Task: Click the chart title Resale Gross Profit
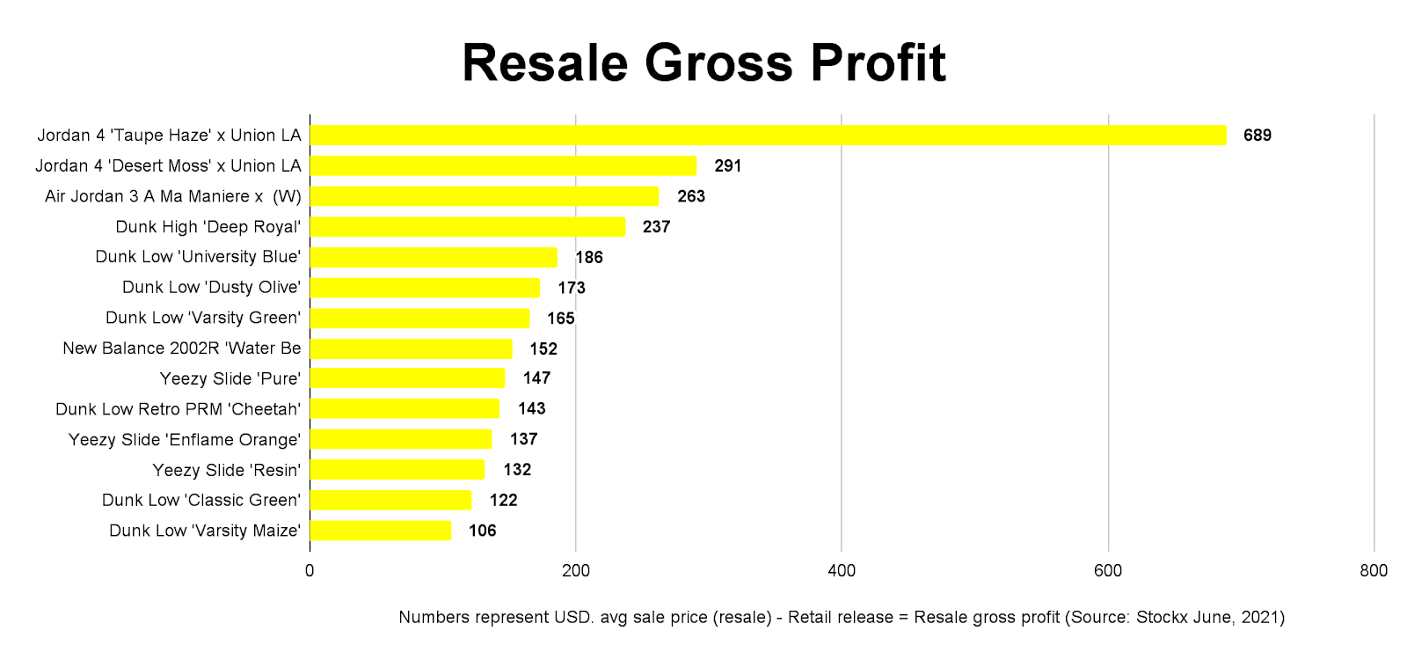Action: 703,63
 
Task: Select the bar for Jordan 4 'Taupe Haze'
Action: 768,135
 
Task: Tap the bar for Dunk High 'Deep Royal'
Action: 467,227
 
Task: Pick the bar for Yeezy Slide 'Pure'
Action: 407,378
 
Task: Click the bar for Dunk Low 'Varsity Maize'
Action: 380,531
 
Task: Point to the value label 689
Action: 1257,136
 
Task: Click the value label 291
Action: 727,166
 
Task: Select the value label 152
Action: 543,348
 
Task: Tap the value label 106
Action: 482,531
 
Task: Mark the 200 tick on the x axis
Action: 576,570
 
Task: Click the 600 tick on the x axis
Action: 1108,570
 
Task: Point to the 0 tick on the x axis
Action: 310,570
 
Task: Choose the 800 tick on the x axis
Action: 1374,570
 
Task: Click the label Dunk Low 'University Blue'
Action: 198,257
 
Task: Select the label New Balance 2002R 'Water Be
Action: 182,348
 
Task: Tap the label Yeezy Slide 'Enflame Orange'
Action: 185,440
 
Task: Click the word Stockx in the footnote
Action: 1162,617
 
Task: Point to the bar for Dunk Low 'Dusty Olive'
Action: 424,288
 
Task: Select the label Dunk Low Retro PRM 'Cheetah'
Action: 178,409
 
